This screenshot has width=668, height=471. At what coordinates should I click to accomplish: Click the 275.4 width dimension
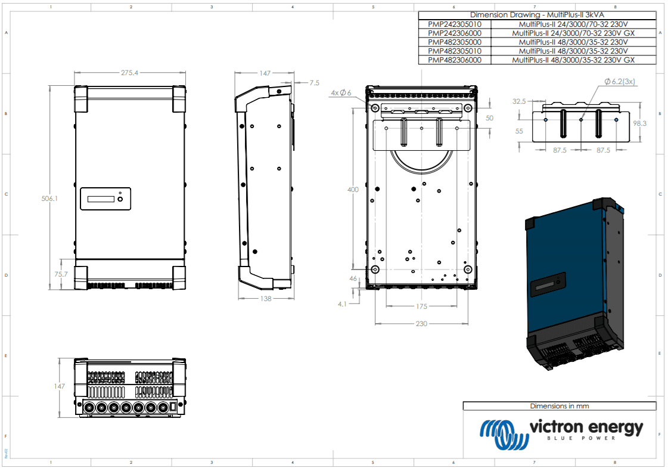tap(129, 73)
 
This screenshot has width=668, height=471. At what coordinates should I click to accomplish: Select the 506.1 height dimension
tap(50, 199)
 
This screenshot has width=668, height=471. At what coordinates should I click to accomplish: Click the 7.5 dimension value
tap(314, 83)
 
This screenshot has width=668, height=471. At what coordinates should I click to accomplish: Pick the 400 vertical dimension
tap(353, 190)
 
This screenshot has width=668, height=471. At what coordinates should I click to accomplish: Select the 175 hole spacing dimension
tap(421, 306)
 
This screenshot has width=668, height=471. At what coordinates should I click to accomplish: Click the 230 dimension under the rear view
tap(421, 324)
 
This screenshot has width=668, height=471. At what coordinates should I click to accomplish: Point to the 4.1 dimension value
tap(342, 303)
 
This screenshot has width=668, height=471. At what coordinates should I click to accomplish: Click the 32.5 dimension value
tap(519, 101)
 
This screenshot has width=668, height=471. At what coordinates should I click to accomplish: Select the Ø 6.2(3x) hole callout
tap(620, 82)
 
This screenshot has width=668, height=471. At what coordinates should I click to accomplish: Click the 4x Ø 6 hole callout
tap(341, 92)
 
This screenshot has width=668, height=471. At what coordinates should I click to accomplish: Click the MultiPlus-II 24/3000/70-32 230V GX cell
tap(573, 33)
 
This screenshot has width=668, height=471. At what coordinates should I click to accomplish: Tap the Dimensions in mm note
tap(559, 406)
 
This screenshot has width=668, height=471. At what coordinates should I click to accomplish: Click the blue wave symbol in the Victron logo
tap(505, 435)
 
